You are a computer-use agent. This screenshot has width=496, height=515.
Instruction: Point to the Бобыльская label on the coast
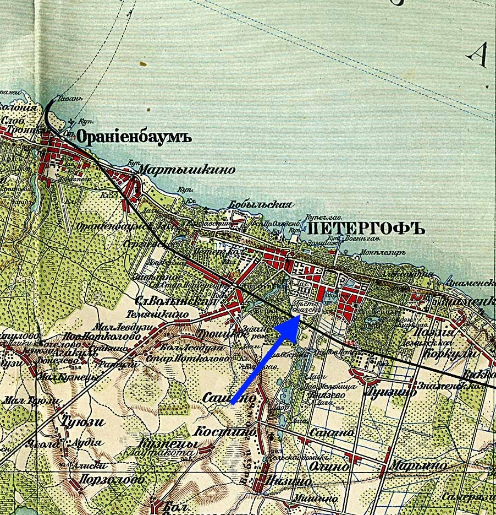click(260, 204)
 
